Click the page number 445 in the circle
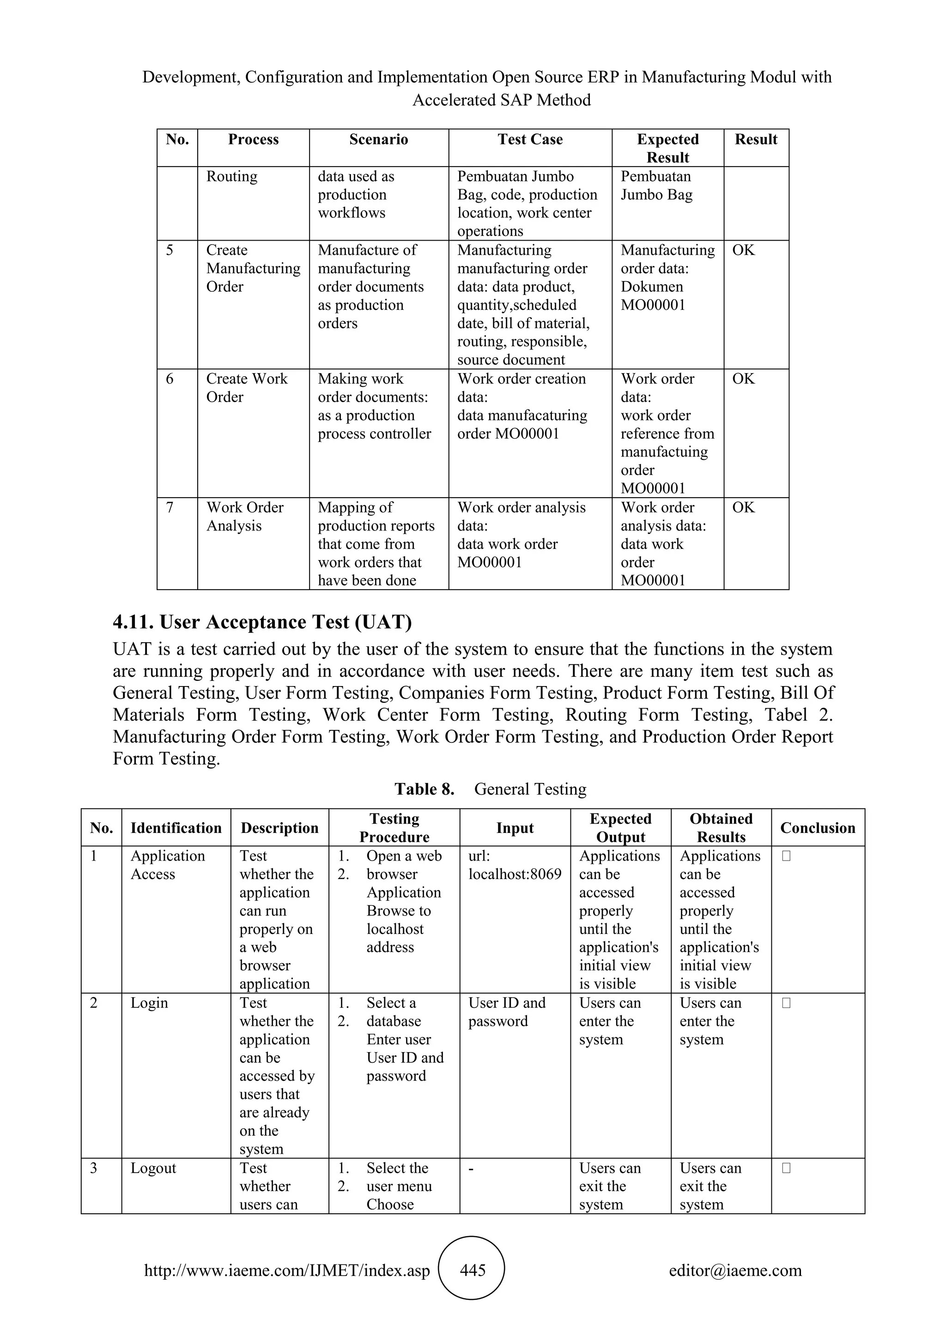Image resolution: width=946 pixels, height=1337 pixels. pos(473,1270)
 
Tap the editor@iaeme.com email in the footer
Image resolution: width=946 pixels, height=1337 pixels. pos(735,1270)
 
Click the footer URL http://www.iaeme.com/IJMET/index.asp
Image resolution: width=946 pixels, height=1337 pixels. pos(286,1271)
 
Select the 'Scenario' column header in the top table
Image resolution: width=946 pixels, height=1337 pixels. pos(379,140)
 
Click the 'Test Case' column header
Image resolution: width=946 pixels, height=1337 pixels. pos(530,140)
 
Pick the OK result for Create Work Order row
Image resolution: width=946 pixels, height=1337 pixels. pos(743,379)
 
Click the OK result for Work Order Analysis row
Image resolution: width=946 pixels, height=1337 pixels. pos(743,508)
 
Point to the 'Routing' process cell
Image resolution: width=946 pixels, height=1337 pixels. pos(232,176)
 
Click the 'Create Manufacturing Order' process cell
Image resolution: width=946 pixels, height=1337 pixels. pos(253,268)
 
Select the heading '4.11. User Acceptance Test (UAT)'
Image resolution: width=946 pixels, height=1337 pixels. pos(262,622)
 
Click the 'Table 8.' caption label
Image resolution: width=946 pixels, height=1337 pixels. pos(424,789)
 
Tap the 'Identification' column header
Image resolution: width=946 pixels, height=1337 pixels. pos(176,828)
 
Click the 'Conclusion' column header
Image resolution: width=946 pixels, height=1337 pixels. pos(817,828)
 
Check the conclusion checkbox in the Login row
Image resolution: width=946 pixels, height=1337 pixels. pos(786,1003)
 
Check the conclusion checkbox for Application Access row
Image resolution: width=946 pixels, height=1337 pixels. pos(786,856)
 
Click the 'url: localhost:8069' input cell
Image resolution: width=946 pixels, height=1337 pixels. pos(515,865)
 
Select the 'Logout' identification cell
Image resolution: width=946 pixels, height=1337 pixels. pos(153,1168)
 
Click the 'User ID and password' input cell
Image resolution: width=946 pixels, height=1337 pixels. pos(506,1012)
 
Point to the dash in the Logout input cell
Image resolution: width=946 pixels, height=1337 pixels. pos(471,1168)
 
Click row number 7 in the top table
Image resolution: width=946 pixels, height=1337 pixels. pos(170,508)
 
